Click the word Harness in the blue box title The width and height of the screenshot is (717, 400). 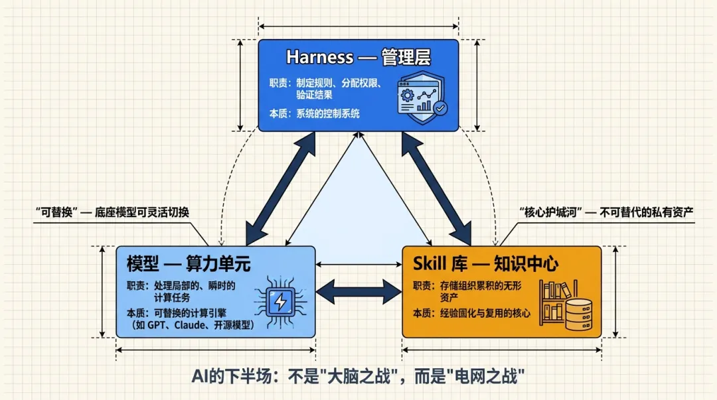click(x=319, y=58)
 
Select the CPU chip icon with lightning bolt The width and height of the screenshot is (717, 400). click(x=280, y=301)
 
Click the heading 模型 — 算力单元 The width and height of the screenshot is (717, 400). click(x=189, y=263)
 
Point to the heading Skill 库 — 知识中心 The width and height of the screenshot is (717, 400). click(x=485, y=263)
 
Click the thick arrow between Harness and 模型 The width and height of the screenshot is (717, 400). click(x=279, y=189)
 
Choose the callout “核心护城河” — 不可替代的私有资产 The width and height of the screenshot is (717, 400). click(x=605, y=212)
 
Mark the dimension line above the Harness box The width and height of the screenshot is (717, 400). click(x=358, y=27)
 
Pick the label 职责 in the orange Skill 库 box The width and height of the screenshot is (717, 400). click(x=422, y=286)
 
